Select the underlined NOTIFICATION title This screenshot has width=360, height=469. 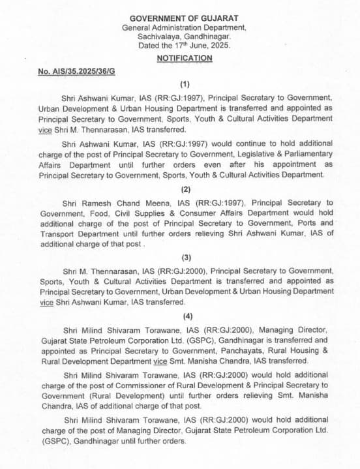[185, 59]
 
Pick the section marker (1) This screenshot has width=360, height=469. [185, 84]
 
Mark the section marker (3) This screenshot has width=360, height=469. [185, 258]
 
